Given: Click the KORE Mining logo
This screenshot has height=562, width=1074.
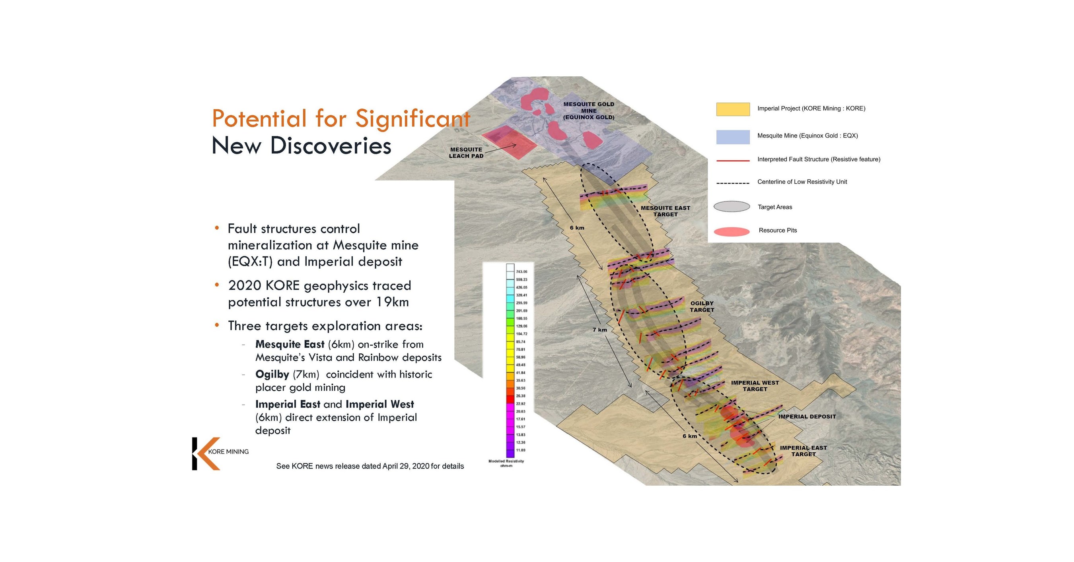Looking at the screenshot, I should click(219, 453).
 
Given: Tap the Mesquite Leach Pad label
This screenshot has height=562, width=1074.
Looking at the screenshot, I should click(466, 153).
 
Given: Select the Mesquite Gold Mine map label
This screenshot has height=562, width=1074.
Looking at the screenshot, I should click(588, 110).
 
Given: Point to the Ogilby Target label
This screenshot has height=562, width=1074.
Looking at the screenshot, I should click(702, 306).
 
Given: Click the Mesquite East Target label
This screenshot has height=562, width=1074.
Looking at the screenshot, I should click(665, 211).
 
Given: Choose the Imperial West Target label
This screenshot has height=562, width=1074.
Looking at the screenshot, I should click(755, 386).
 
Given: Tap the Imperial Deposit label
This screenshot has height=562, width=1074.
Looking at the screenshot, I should click(807, 416).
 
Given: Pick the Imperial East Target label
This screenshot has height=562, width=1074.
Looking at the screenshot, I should click(803, 451).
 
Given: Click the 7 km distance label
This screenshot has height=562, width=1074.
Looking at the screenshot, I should click(599, 329).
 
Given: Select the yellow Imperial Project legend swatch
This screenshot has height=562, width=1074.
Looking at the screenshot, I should click(733, 109).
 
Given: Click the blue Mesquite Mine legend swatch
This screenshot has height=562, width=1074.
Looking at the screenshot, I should click(733, 137).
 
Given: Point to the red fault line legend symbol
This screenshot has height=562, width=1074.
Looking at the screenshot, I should click(733, 160).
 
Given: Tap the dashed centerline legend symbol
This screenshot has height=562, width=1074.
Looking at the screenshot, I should click(733, 183).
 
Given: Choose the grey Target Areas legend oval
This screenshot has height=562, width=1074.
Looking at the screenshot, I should click(731, 207).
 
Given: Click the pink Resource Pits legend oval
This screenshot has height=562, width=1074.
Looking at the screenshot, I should click(731, 231).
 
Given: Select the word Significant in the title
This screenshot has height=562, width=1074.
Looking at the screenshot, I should click(412, 118).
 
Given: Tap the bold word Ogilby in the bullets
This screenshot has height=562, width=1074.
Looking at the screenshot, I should click(272, 374).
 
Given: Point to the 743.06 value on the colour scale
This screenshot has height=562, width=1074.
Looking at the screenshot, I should click(521, 271).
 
